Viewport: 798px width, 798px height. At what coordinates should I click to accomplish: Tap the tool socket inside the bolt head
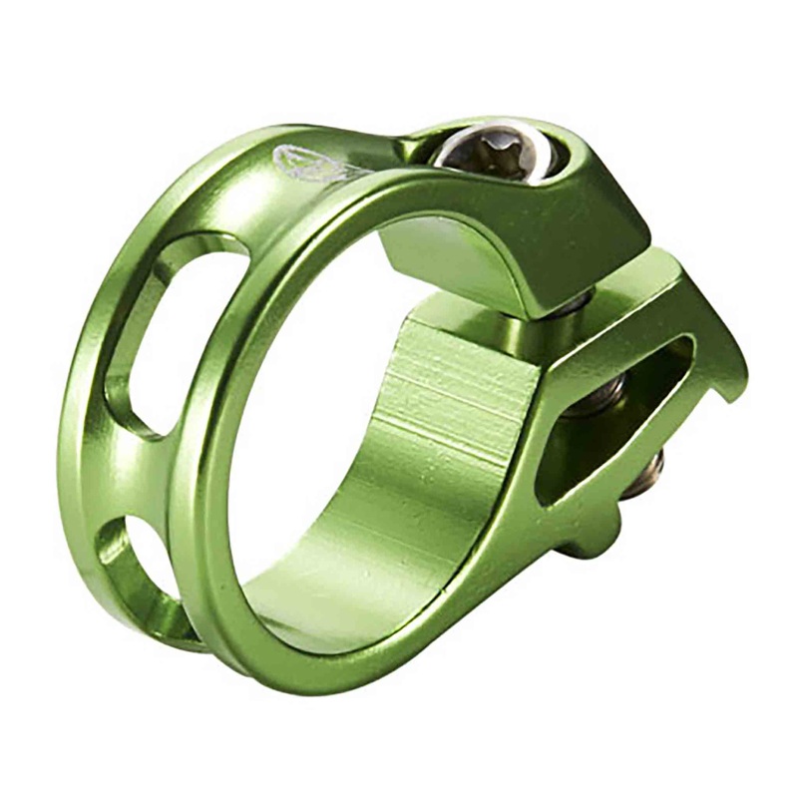491,153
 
